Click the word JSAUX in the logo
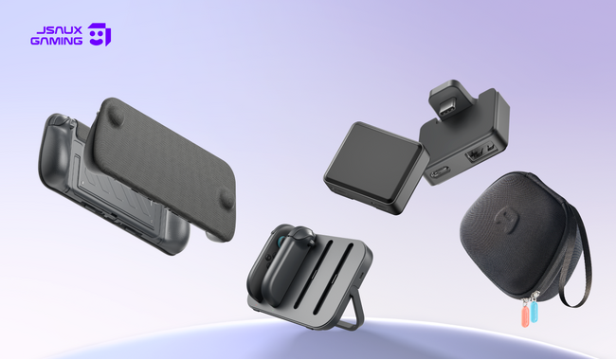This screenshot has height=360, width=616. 59,30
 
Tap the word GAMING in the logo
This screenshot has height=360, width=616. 57,41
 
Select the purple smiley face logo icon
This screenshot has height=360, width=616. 99,34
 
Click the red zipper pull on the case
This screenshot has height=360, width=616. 525,315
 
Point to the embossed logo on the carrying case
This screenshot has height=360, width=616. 504,220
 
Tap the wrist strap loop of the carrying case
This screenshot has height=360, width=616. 577,255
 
